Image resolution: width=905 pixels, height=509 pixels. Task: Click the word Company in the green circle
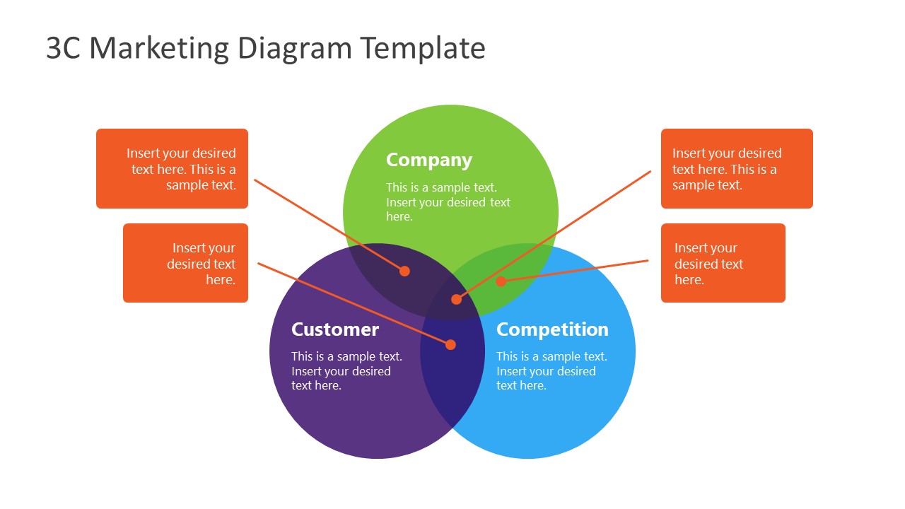(x=428, y=160)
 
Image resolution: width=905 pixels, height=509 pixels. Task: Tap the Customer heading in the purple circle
(x=335, y=329)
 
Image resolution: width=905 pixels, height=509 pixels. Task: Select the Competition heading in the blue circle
(x=552, y=329)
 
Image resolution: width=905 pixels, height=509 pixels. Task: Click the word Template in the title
(x=422, y=48)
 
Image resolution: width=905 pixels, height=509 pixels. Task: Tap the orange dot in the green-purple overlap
(x=404, y=271)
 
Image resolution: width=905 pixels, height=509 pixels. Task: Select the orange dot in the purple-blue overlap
(x=450, y=345)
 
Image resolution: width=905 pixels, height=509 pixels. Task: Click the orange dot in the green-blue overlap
(x=501, y=281)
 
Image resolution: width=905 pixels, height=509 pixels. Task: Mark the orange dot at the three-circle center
(x=456, y=299)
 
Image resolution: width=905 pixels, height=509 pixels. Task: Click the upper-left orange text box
(x=172, y=168)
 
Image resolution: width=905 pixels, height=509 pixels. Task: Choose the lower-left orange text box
(x=185, y=263)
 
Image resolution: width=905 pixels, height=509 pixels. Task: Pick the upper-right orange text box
(x=737, y=168)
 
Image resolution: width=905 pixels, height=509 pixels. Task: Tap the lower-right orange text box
(x=723, y=263)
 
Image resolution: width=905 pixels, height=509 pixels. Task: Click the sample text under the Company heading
(x=448, y=202)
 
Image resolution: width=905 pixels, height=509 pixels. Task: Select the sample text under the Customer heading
(x=346, y=371)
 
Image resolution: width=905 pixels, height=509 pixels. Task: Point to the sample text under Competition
(x=551, y=371)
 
